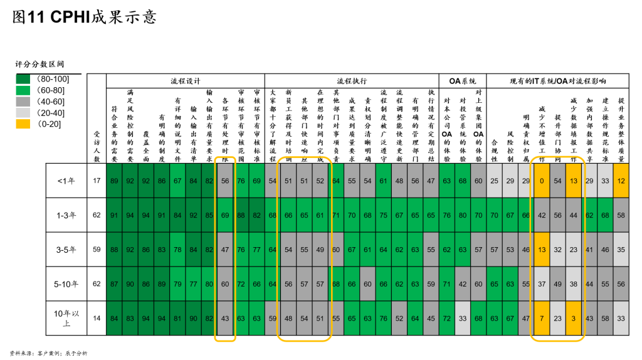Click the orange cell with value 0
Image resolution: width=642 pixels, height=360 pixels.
coord(542,181)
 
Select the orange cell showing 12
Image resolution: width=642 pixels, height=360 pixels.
coord(621,181)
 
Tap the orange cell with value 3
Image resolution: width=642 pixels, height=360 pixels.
coord(574,318)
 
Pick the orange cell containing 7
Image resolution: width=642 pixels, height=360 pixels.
coord(542,318)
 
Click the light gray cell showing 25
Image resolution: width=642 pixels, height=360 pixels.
coord(494,181)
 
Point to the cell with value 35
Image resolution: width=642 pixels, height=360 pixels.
coord(621,249)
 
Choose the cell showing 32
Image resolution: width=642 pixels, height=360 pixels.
coord(557,249)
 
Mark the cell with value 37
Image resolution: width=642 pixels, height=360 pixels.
coord(542,283)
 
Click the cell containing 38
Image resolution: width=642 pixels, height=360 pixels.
coord(574,283)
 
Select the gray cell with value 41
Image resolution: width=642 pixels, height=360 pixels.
coord(589,249)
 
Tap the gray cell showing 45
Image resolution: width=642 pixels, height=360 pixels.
coord(431,318)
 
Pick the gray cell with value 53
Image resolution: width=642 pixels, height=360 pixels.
coord(510,249)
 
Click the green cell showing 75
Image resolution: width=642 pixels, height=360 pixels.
coord(383,215)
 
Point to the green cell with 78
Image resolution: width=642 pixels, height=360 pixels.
coord(177,249)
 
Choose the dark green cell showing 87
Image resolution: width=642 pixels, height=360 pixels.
coord(114,283)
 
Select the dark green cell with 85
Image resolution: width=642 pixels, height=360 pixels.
coord(209,215)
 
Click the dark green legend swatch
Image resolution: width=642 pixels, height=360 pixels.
coord(23,79)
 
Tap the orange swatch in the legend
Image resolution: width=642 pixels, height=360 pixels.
coord(23,124)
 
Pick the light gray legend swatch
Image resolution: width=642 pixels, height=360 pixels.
coord(23,112)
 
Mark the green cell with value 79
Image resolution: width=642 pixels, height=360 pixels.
coord(177,283)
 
